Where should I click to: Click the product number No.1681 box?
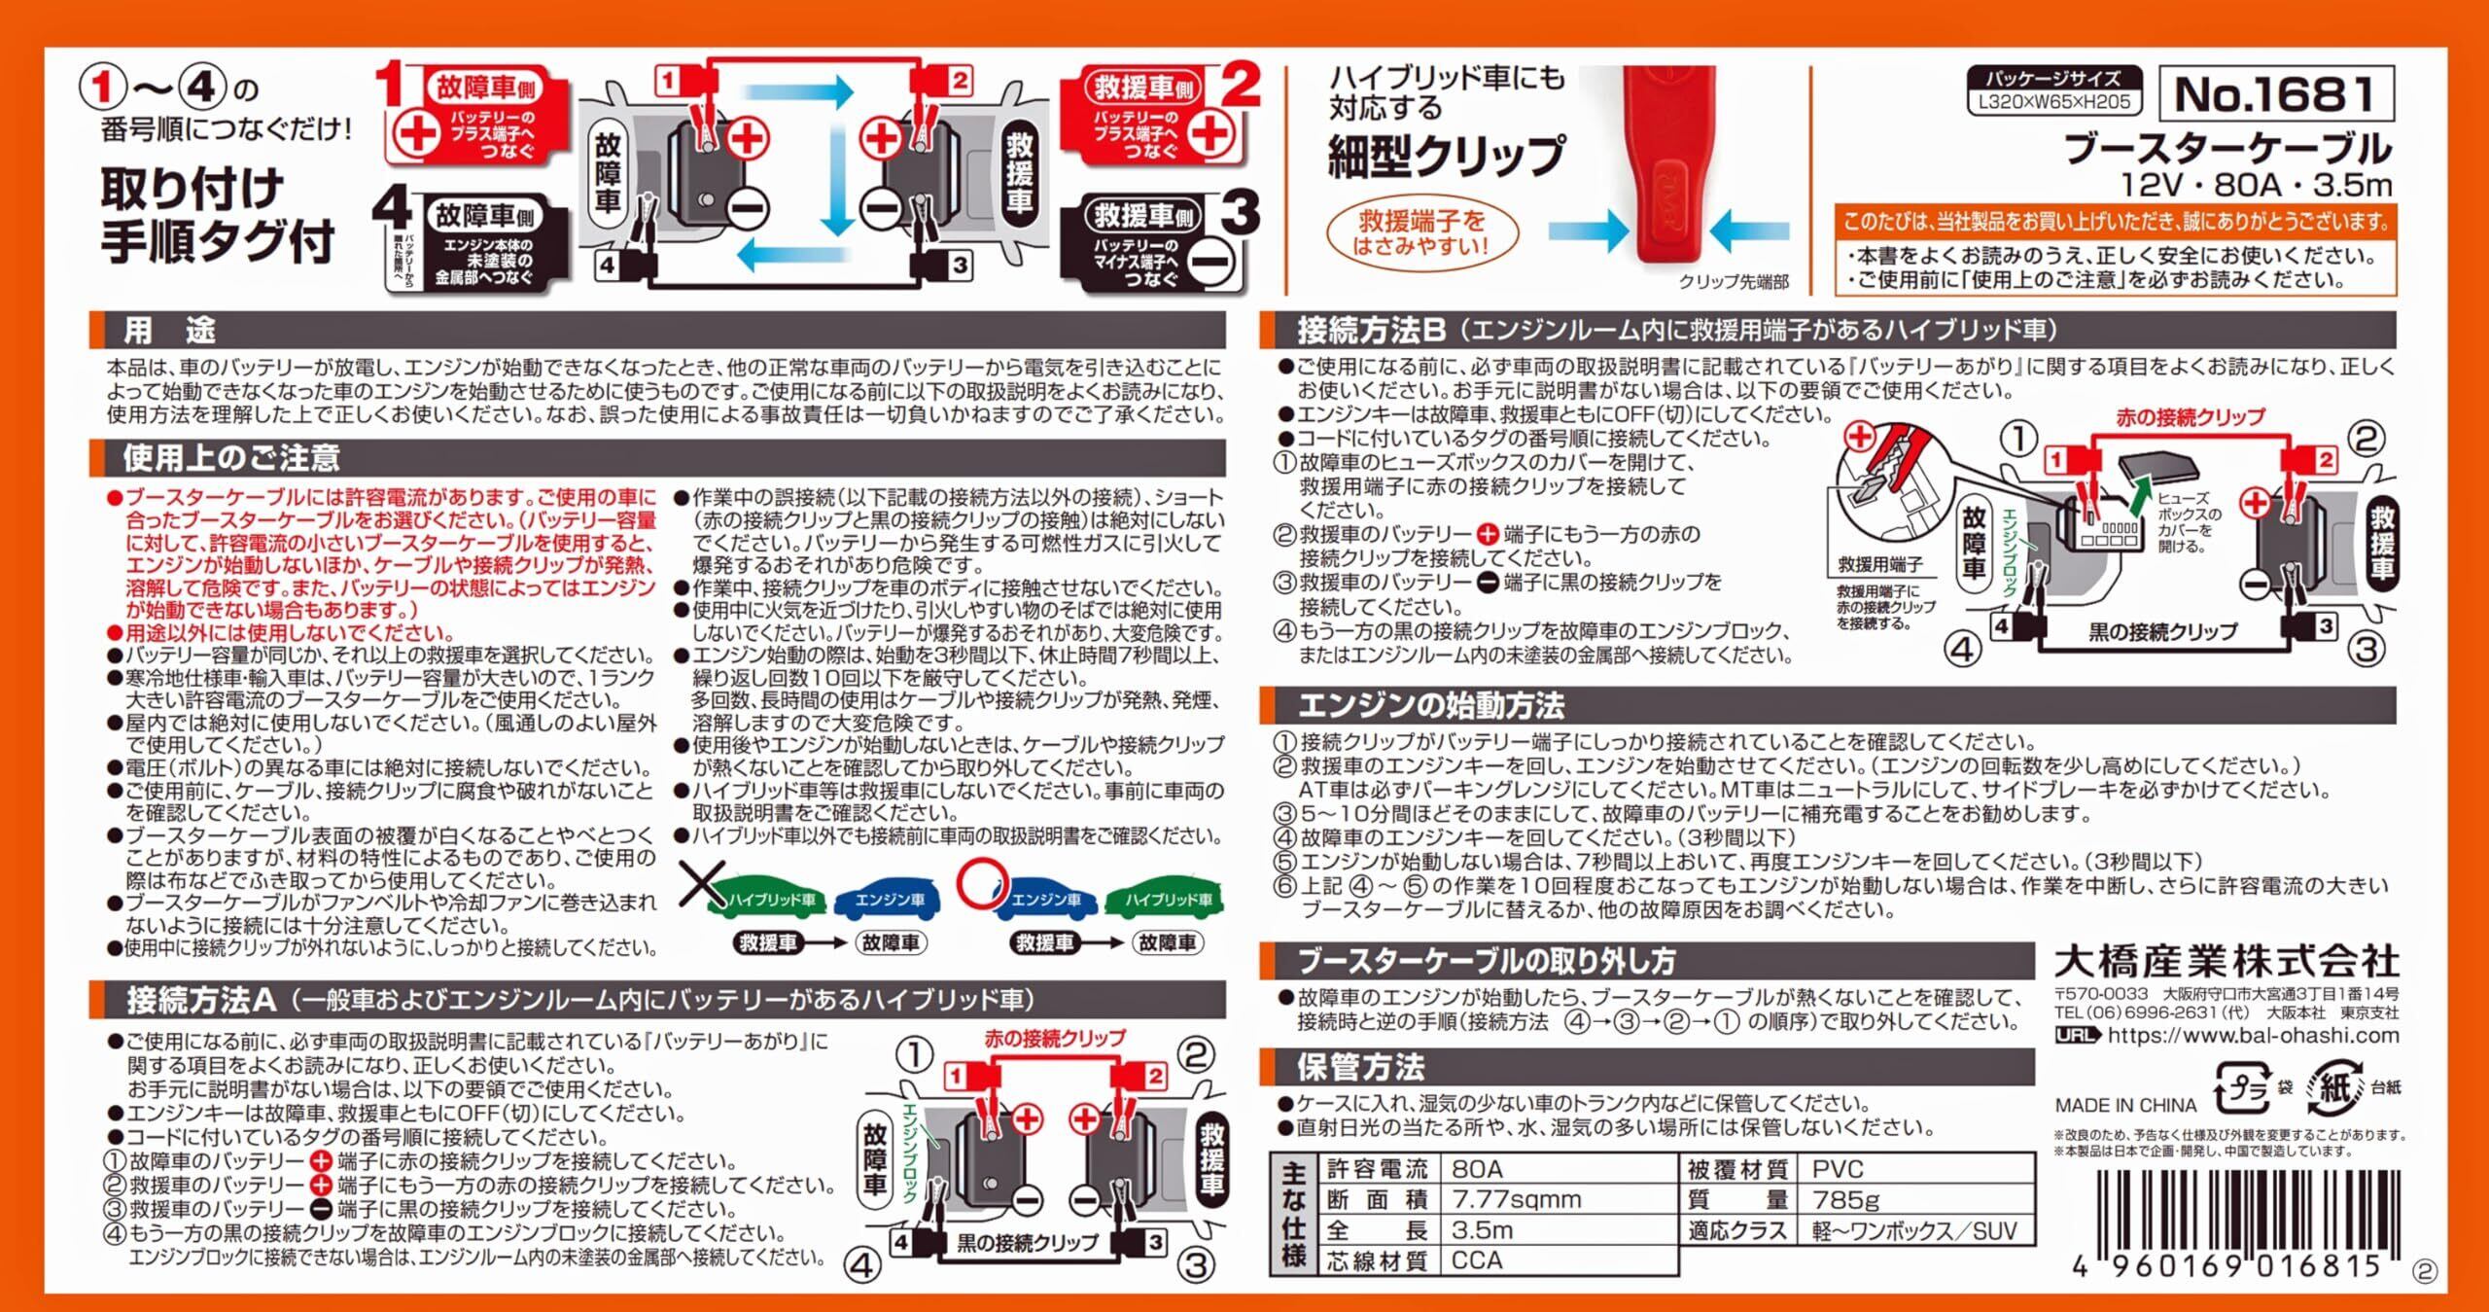point(2275,94)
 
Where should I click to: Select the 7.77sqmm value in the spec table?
point(1517,1199)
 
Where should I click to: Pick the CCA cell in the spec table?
point(1477,1260)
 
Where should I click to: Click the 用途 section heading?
point(168,331)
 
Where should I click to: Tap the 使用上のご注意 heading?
point(231,457)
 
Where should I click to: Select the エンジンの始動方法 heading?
point(1431,704)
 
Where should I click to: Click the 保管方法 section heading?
point(1361,1067)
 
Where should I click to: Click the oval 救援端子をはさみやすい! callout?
point(1421,234)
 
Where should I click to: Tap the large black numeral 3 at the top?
point(1241,215)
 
